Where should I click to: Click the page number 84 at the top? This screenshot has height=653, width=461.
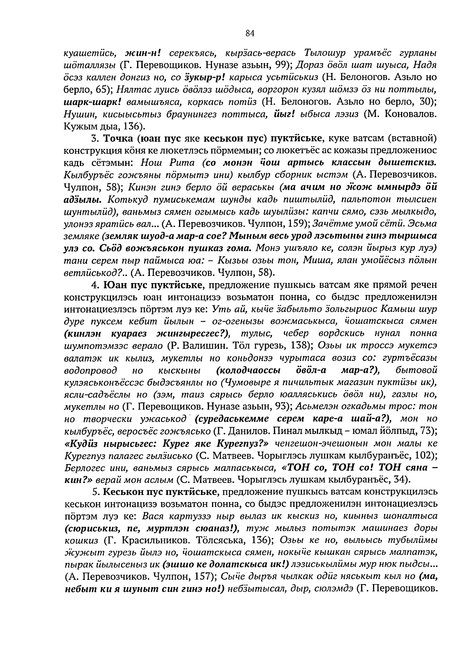click(x=250, y=33)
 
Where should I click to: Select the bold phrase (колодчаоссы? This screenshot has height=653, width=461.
click(x=248, y=370)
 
